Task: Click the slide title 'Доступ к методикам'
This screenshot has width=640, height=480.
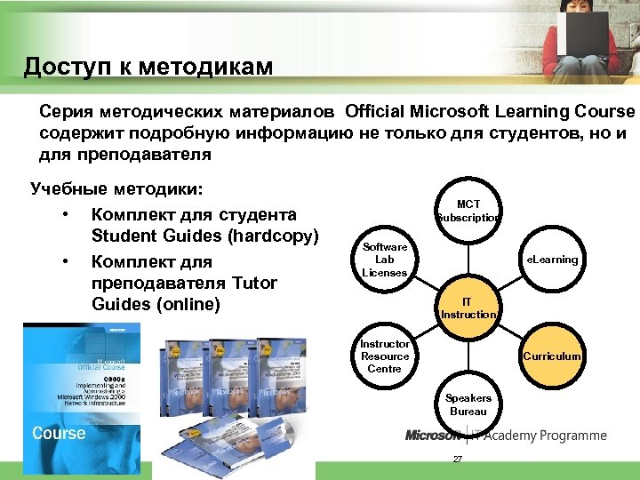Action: pyautogui.click(x=148, y=67)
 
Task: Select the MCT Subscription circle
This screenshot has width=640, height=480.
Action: pyautogui.click(x=468, y=211)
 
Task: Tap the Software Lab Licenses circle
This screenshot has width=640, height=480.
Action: pyautogui.click(x=385, y=260)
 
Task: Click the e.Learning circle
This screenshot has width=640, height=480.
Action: pyautogui.click(x=552, y=260)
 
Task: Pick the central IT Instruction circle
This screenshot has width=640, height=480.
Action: pyautogui.click(x=468, y=308)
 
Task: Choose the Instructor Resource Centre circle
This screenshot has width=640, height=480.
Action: pyautogui.click(x=385, y=356)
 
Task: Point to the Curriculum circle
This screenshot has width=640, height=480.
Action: pyautogui.click(x=552, y=356)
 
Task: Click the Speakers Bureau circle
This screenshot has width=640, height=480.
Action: pyautogui.click(x=468, y=404)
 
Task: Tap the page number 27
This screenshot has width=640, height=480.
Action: pyautogui.click(x=458, y=459)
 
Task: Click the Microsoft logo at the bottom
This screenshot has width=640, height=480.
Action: pyautogui.click(x=433, y=436)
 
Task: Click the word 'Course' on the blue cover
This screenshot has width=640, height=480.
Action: pyautogui.click(x=59, y=433)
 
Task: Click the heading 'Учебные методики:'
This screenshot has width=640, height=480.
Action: pyautogui.click(x=116, y=188)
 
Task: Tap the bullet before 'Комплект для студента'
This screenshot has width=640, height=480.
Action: pyautogui.click(x=66, y=215)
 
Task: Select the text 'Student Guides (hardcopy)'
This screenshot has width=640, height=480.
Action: pyautogui.click(x=204, y=236)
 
